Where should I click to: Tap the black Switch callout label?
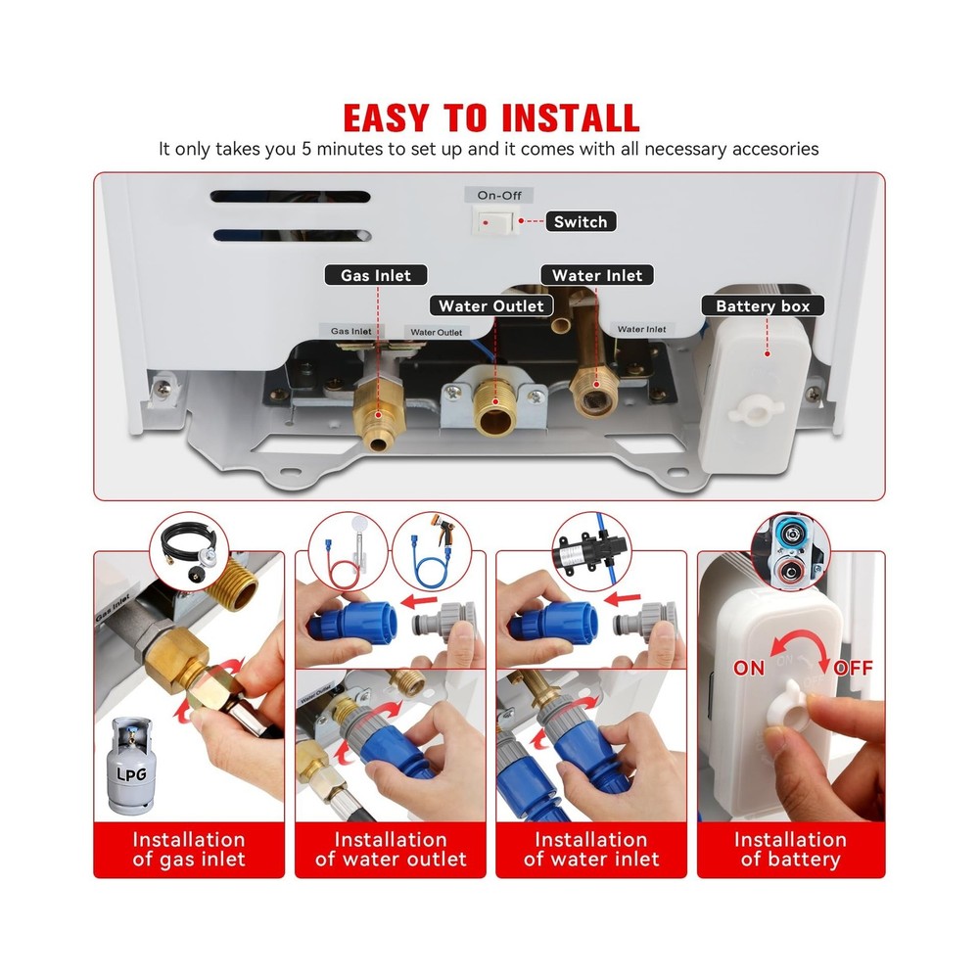click(x=581, y=222)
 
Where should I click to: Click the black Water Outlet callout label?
click(x=490, y=306)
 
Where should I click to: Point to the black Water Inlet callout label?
click(x=596, y=276)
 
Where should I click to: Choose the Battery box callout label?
click(x=763, y=306)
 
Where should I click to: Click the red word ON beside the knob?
click(x=749, y=668)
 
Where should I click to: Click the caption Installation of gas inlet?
click(x=189, y=850)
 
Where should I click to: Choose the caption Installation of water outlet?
click(x=391, y=850)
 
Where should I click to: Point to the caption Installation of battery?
click(x=790, y=850)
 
